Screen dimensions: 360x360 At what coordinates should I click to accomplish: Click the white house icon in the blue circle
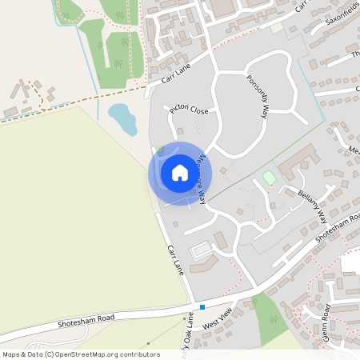pos(180,172)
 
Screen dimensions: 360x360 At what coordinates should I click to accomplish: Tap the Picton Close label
pos(189,110)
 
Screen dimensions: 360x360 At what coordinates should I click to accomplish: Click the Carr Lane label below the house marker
pos(176,262)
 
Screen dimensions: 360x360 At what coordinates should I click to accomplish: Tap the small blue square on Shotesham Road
pos(202,306)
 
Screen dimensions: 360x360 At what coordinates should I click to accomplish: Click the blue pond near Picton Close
pos(122,118)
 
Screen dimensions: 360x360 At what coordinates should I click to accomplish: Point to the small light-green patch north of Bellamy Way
pos(270,177)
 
